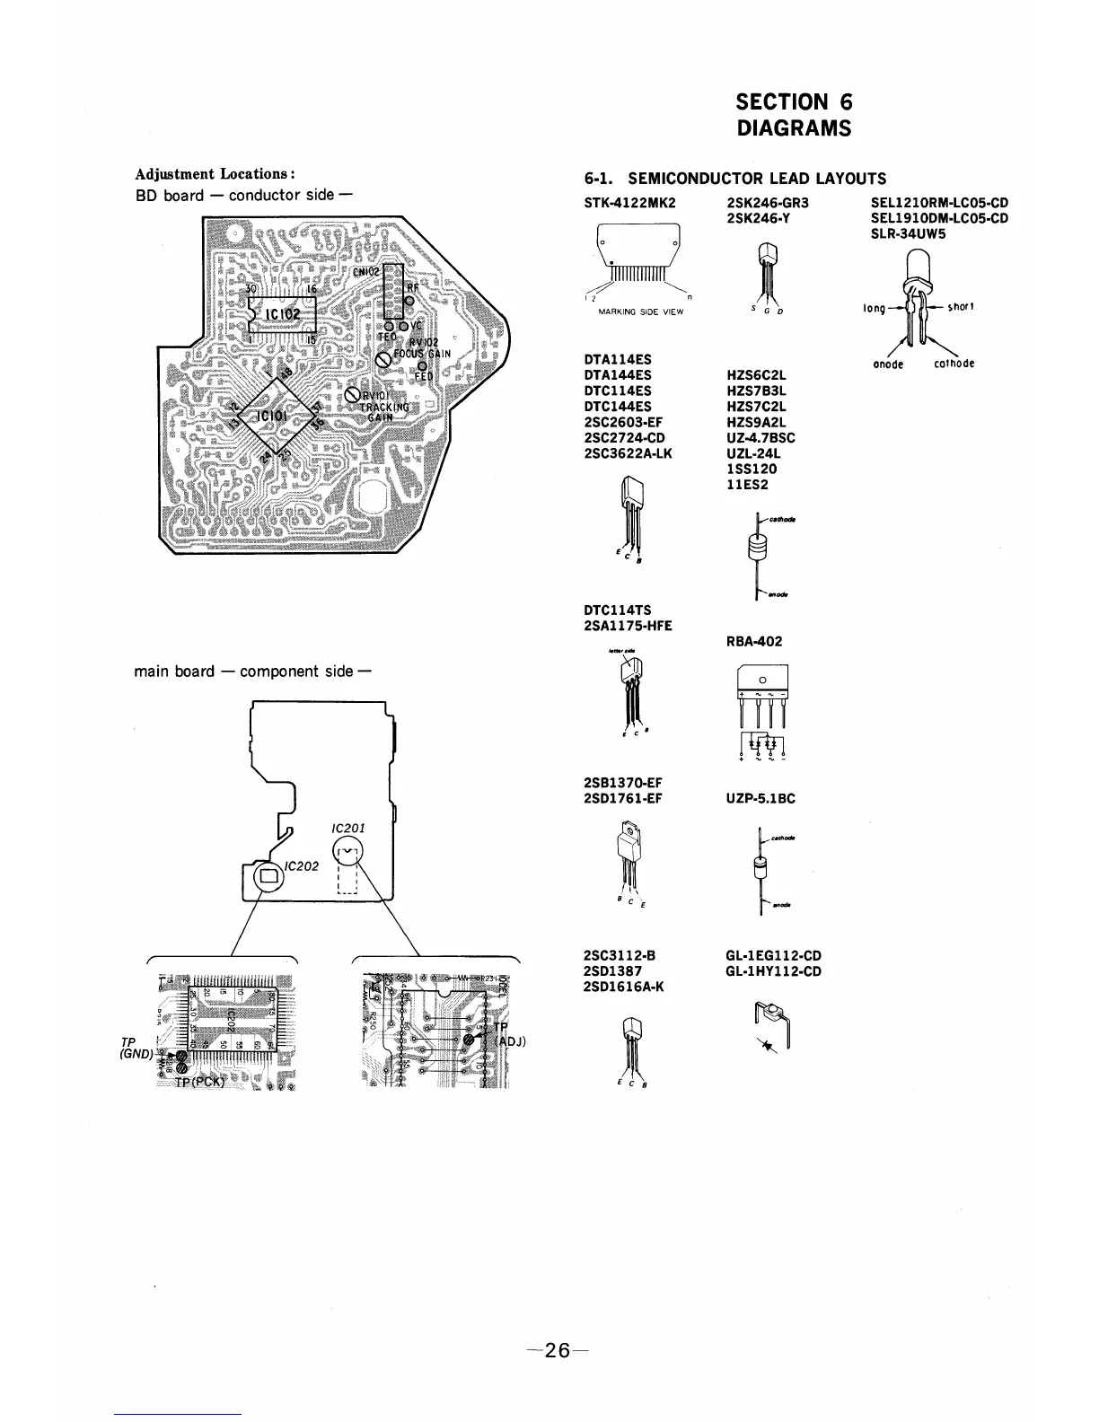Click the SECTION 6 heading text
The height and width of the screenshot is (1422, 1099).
coord(793,102)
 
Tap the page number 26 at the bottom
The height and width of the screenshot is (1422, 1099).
coord(557,1350)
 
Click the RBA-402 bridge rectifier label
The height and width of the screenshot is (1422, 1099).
coord(754,641)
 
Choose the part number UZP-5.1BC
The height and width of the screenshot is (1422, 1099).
coord(760,798)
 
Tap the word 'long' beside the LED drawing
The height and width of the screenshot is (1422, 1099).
coord(874,308)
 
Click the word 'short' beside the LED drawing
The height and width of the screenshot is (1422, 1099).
coord(961,307)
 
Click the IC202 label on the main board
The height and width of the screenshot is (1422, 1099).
coord(298,866)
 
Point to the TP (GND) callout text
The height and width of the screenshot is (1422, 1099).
coord(134,1048)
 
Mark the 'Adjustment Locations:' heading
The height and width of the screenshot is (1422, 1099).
coord(215,174)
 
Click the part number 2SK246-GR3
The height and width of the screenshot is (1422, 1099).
coord(767,203)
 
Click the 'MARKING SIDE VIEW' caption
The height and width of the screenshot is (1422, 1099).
coord(640,312)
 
